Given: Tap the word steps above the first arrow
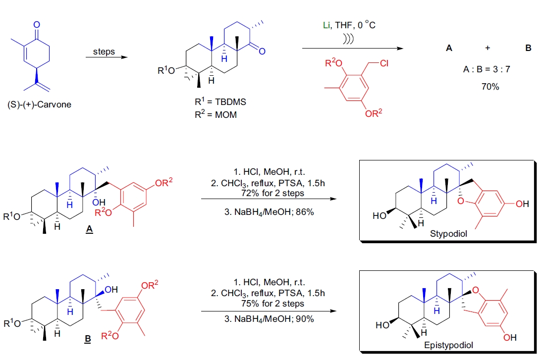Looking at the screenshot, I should point(104,51).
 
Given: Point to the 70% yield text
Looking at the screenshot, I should point(490,87).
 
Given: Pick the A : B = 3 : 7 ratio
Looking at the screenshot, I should point(487,69).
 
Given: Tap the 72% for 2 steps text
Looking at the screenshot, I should point(267,193).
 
